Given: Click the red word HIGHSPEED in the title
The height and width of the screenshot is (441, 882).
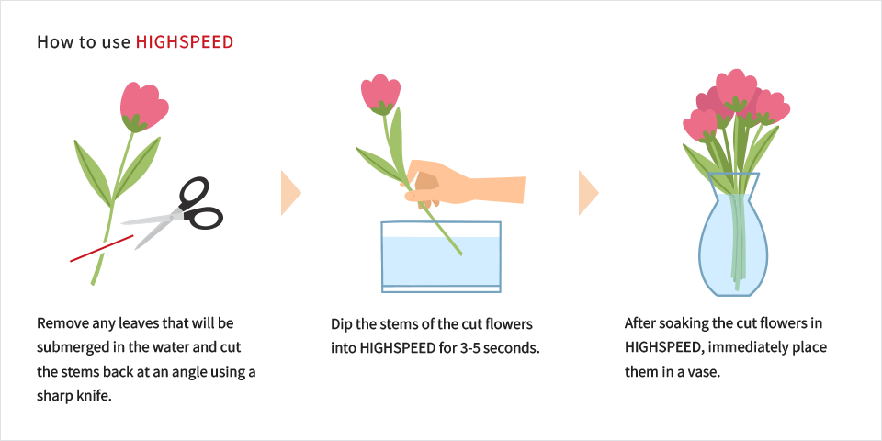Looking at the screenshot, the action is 185,42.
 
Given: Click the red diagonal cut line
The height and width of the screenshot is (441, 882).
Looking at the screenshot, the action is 101,248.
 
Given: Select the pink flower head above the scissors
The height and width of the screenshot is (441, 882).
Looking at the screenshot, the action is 143,107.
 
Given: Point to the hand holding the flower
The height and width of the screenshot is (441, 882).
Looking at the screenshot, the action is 465,183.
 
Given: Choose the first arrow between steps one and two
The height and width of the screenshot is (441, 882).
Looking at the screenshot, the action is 291,194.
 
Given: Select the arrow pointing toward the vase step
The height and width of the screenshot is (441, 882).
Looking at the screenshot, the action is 588,194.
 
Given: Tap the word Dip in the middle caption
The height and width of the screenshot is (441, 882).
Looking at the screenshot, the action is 341,324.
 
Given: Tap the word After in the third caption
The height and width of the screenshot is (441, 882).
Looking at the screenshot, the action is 639,323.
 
